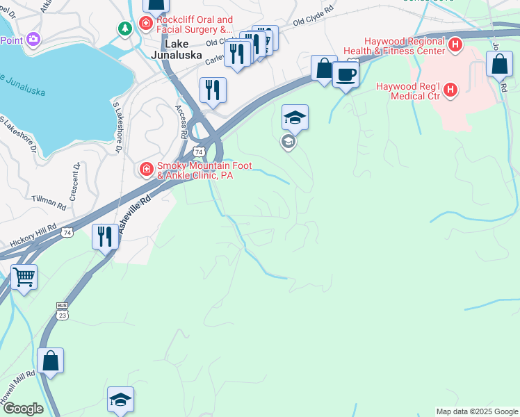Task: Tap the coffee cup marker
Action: [345, 74]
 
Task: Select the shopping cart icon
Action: [24, 278]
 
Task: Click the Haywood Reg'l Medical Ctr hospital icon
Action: [450, 90]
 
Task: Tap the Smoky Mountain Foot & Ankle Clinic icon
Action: [146, 169]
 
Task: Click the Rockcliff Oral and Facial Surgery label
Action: [195, 25]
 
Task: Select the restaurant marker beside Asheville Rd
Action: [104, 237]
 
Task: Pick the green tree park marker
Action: [124, 28]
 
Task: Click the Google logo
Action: [22, 409]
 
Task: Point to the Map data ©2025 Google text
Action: [477, 411]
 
